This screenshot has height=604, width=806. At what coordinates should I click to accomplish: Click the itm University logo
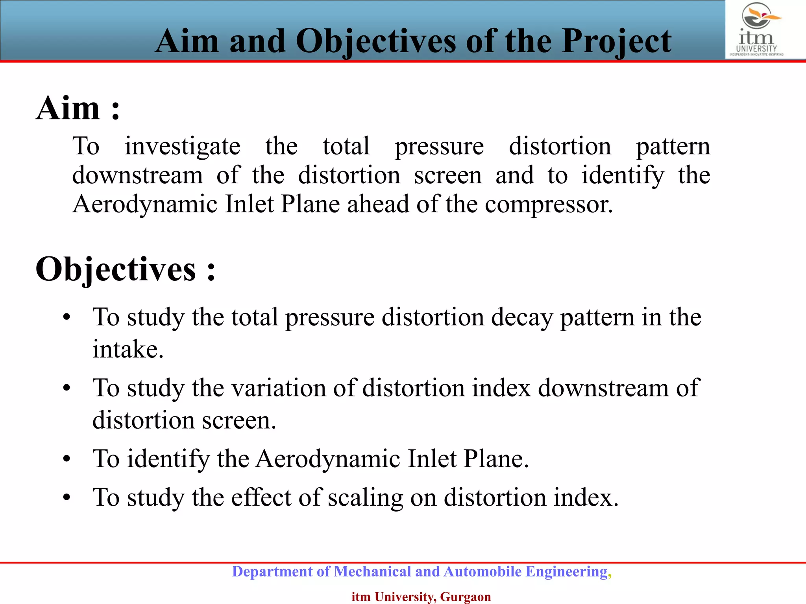pos(756,29)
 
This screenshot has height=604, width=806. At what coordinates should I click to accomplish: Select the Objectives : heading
pos(125,269)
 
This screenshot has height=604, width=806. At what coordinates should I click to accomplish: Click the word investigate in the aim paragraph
pos(182,147)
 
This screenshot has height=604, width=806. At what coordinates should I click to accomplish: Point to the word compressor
pos(549,204)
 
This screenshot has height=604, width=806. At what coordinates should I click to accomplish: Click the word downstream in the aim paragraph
pos(137,175)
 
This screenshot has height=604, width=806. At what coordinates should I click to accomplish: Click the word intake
pos(128,349)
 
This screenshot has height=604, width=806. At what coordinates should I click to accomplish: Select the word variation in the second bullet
pos(279,388)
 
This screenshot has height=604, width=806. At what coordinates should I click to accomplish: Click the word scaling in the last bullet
pos(365,498)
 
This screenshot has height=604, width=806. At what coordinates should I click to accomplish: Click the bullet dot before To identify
pos(67,459)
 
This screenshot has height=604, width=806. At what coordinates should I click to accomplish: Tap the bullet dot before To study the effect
pos(67,498)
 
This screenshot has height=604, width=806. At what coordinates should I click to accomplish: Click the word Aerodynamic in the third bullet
pos(328,459)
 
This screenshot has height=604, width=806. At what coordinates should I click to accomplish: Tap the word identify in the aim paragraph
pos(623,175)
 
